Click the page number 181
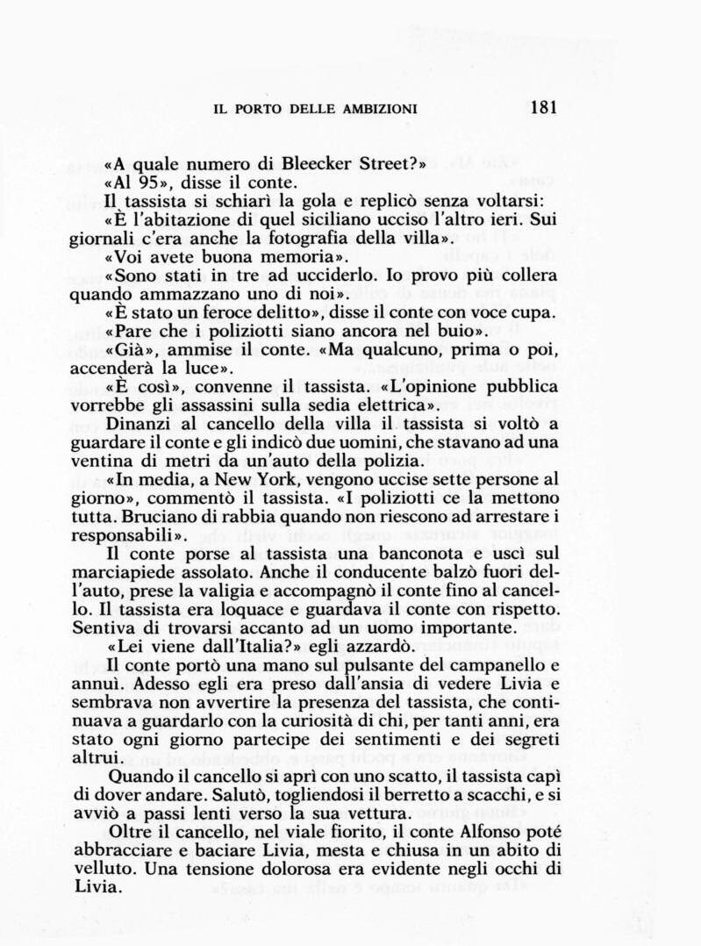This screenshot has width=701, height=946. tap(544, 108)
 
